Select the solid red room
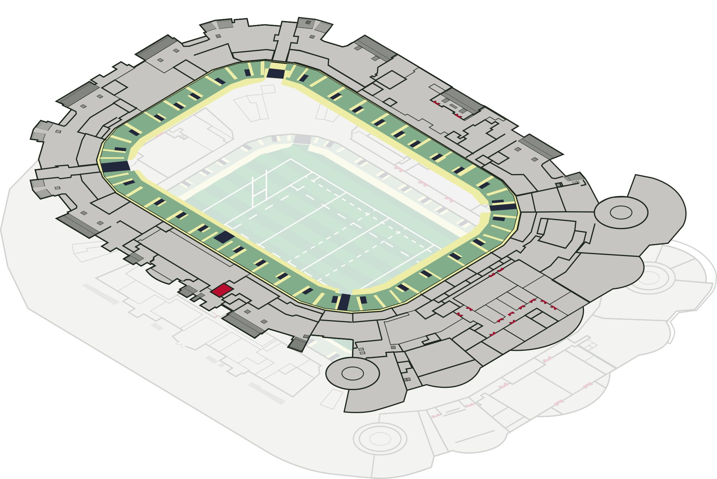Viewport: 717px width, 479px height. (x=222, y=290)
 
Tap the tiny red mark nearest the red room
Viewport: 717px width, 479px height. (x=216, y=317)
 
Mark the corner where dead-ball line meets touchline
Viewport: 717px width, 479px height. (x=290, y=159)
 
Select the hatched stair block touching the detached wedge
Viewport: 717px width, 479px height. (x=298, y=344)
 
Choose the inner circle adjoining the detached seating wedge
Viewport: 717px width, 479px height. (x=352, y=373)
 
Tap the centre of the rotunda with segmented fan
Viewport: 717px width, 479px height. (x=649, y=278)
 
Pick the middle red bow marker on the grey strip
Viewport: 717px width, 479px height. (x=423, y=183)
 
